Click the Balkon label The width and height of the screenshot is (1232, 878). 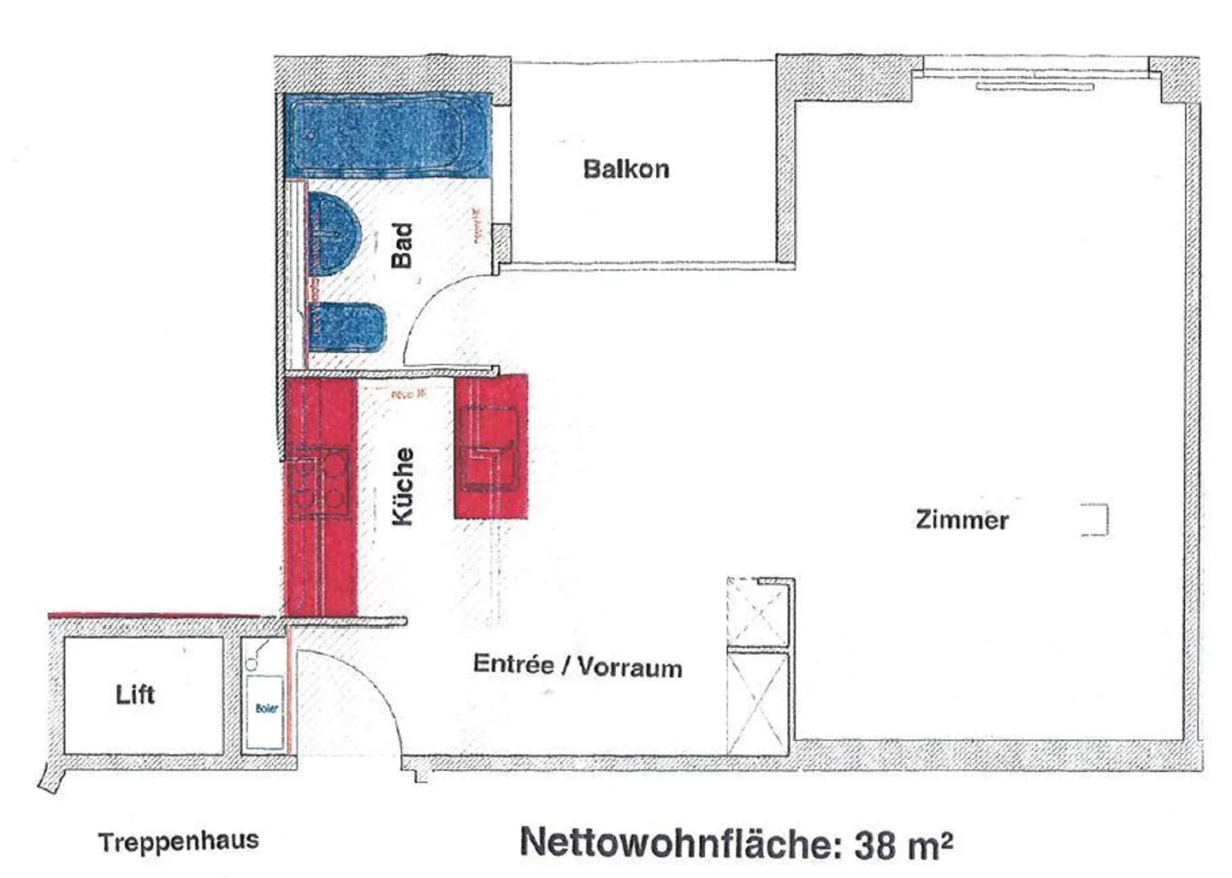coord(625,168)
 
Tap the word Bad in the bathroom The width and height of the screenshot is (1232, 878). coord(402,245)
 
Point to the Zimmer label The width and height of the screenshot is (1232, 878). coord(962,519)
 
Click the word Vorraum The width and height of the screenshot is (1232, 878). coord(630,667)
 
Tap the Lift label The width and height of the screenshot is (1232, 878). coord(135,694)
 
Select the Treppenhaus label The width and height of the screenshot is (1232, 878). coord(178,841)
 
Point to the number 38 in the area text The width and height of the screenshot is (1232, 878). coord(874,846)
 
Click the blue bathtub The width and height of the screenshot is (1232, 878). coord(387,135)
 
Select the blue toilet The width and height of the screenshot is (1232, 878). coord(346,327)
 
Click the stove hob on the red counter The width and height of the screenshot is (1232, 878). coord(319,483)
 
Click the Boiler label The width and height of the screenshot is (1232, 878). coord(266,708)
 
